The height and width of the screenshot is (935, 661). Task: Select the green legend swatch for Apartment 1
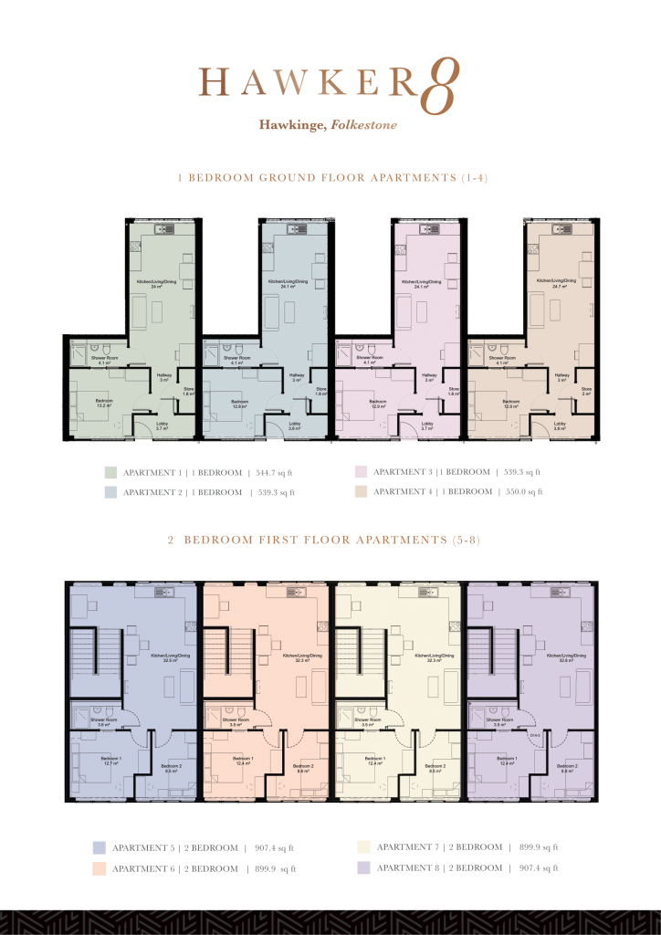point(110,473)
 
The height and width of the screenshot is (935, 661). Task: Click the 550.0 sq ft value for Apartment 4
point(523,491)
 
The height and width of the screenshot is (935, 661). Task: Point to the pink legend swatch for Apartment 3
point(361,472)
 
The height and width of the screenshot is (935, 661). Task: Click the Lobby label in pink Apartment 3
point(426,425)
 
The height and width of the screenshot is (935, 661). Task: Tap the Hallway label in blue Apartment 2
point(297,377)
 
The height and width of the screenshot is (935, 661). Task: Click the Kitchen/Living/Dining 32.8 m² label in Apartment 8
point(560,658)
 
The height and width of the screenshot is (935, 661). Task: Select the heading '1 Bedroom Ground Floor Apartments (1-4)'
point(330,179)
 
